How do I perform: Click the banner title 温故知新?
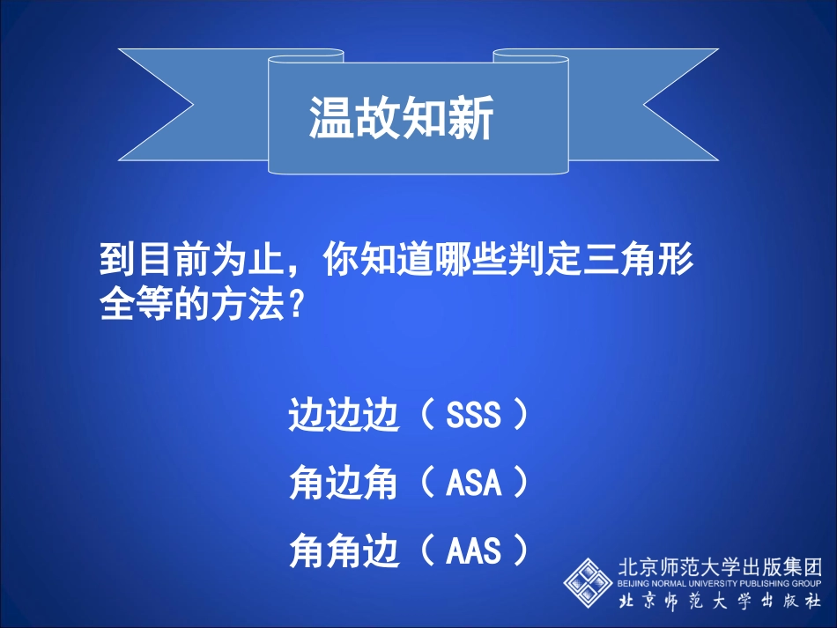tap(401, 117)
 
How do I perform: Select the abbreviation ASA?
tap(473, 483)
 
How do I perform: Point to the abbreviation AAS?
tap(473, 551)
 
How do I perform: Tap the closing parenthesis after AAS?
tap(521, 551)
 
